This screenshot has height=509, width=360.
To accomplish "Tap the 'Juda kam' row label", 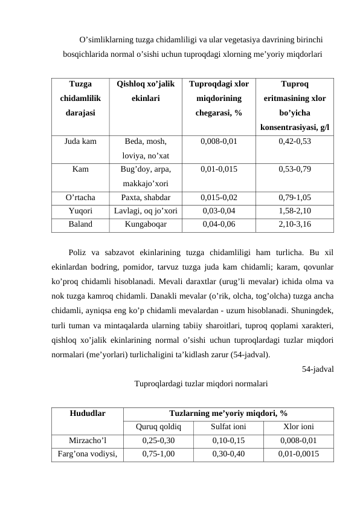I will (81, 142).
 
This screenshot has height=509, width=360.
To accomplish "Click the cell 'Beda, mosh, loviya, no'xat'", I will (146, 149).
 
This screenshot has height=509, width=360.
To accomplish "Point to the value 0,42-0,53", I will (295, 142).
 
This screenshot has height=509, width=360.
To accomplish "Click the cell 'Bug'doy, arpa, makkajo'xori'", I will (146, 176).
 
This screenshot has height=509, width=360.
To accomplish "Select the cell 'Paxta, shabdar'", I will (146, 197).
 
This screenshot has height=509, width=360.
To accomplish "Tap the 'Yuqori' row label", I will (81, 210).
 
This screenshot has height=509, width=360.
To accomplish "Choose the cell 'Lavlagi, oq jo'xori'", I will (146, 210).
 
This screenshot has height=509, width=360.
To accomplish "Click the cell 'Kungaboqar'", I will (146, 224).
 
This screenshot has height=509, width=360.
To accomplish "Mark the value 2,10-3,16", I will (295, 224).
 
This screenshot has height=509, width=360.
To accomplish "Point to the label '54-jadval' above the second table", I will (318, 369).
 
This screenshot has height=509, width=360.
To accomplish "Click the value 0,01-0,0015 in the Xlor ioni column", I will (298, 453).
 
